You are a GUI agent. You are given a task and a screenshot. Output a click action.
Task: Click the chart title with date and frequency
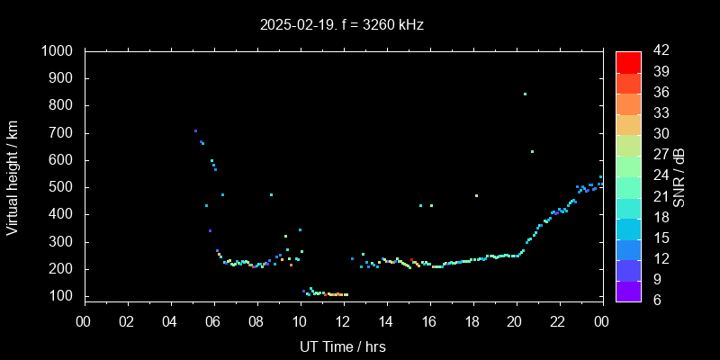point(342,25)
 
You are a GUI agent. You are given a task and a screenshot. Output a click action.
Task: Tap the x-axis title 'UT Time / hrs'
point(342,346)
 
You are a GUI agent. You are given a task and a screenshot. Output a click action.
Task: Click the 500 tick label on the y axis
point(62,187)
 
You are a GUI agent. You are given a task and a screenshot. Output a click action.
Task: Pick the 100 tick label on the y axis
point(62,296)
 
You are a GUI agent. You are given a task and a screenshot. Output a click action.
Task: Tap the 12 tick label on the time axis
point(343,321)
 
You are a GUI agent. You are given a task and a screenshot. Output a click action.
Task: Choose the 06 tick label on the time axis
point(214,321)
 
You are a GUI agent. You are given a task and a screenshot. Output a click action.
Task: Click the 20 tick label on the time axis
point(515,321)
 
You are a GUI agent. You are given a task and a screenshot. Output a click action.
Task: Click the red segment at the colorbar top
point(628,61)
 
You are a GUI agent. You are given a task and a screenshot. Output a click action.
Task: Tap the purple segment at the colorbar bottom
point(628,290)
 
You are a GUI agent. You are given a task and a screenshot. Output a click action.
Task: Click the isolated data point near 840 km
point(525,94)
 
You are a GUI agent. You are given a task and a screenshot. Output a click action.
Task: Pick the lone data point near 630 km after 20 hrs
point(532,151)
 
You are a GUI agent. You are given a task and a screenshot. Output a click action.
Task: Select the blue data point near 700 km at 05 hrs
point(195,131)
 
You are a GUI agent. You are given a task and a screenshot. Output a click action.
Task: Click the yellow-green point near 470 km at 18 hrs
point(476,195)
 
